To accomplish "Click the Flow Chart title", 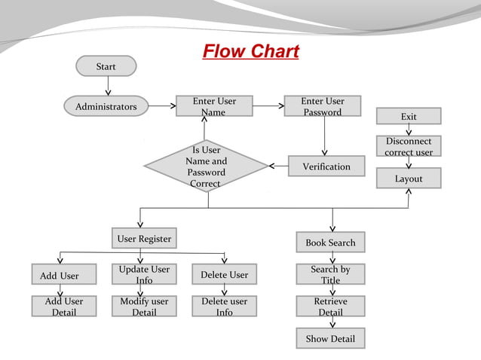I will tap(250, 51).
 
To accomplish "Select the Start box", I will tap(106, 66).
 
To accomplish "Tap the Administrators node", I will tap(106, 107).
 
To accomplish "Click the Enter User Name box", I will tap(214, 106).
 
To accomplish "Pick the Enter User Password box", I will tap(323, 106).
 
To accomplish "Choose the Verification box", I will tap(326, 166).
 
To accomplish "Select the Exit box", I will tap(409, 116).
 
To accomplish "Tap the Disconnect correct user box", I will tap(409, 146).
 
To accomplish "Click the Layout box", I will tap(409, 178).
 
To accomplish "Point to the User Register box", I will tap(144, 239).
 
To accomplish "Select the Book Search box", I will tap(330, 243).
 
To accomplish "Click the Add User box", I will tap(60, 275).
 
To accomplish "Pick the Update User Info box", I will tap(144, 274).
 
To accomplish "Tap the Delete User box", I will tap(225, 275).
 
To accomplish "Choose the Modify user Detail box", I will tap(144, 307).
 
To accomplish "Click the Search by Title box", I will tap(330, 274).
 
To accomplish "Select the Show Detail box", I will tap(330, 339).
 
